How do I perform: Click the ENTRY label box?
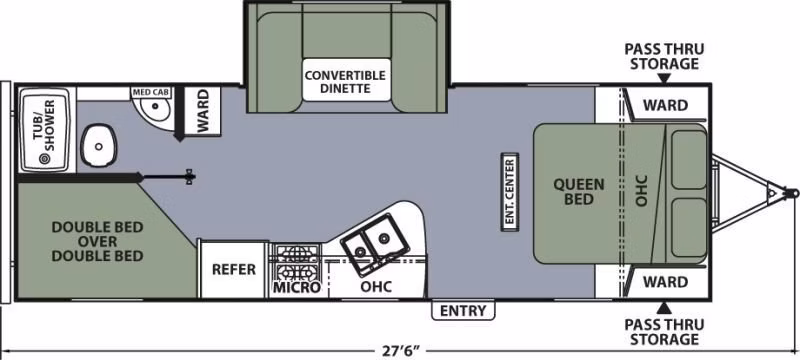point(463,311)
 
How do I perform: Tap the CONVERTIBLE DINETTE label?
point(345,82)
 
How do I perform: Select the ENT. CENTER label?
point(509,192)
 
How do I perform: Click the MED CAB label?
point(152,93)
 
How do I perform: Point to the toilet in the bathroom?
point(99,145)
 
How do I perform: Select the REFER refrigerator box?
point(234,269)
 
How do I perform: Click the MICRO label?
point(296,288)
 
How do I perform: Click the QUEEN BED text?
point(579,191)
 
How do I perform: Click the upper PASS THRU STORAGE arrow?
point(664,79)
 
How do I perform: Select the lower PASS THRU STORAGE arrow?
point(663,307)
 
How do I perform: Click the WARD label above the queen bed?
point(665,106)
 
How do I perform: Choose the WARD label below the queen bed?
point(665,281)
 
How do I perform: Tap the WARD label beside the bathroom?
point(203,111)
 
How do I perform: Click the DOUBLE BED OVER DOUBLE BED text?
point(97,241)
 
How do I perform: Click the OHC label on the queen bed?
point(642,191)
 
